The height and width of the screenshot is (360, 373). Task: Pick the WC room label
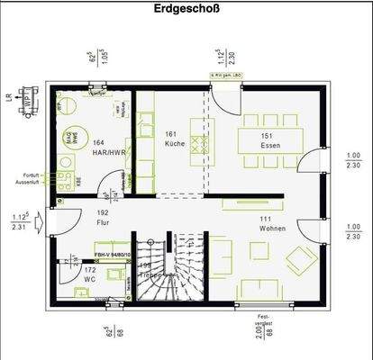[89, 279]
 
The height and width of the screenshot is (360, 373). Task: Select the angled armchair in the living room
[296, 262]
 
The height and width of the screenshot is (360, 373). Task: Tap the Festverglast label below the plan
[264, 320]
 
